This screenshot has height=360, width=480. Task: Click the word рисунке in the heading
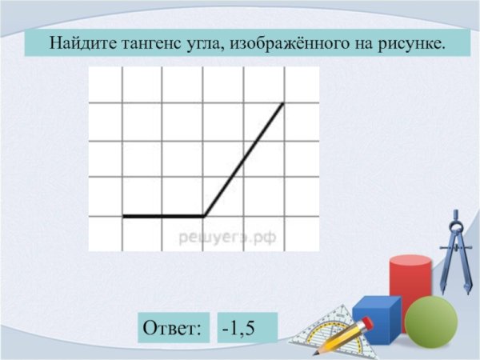point(406,42)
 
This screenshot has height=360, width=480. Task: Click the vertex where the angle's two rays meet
point(204,216)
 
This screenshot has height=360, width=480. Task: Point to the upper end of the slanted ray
point(283,103)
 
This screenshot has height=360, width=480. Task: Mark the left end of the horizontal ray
point(123,216)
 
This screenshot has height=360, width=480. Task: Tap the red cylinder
point(410,284)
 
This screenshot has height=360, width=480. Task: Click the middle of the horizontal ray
point(163,216)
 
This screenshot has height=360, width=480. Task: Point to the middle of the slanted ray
point(243,160)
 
